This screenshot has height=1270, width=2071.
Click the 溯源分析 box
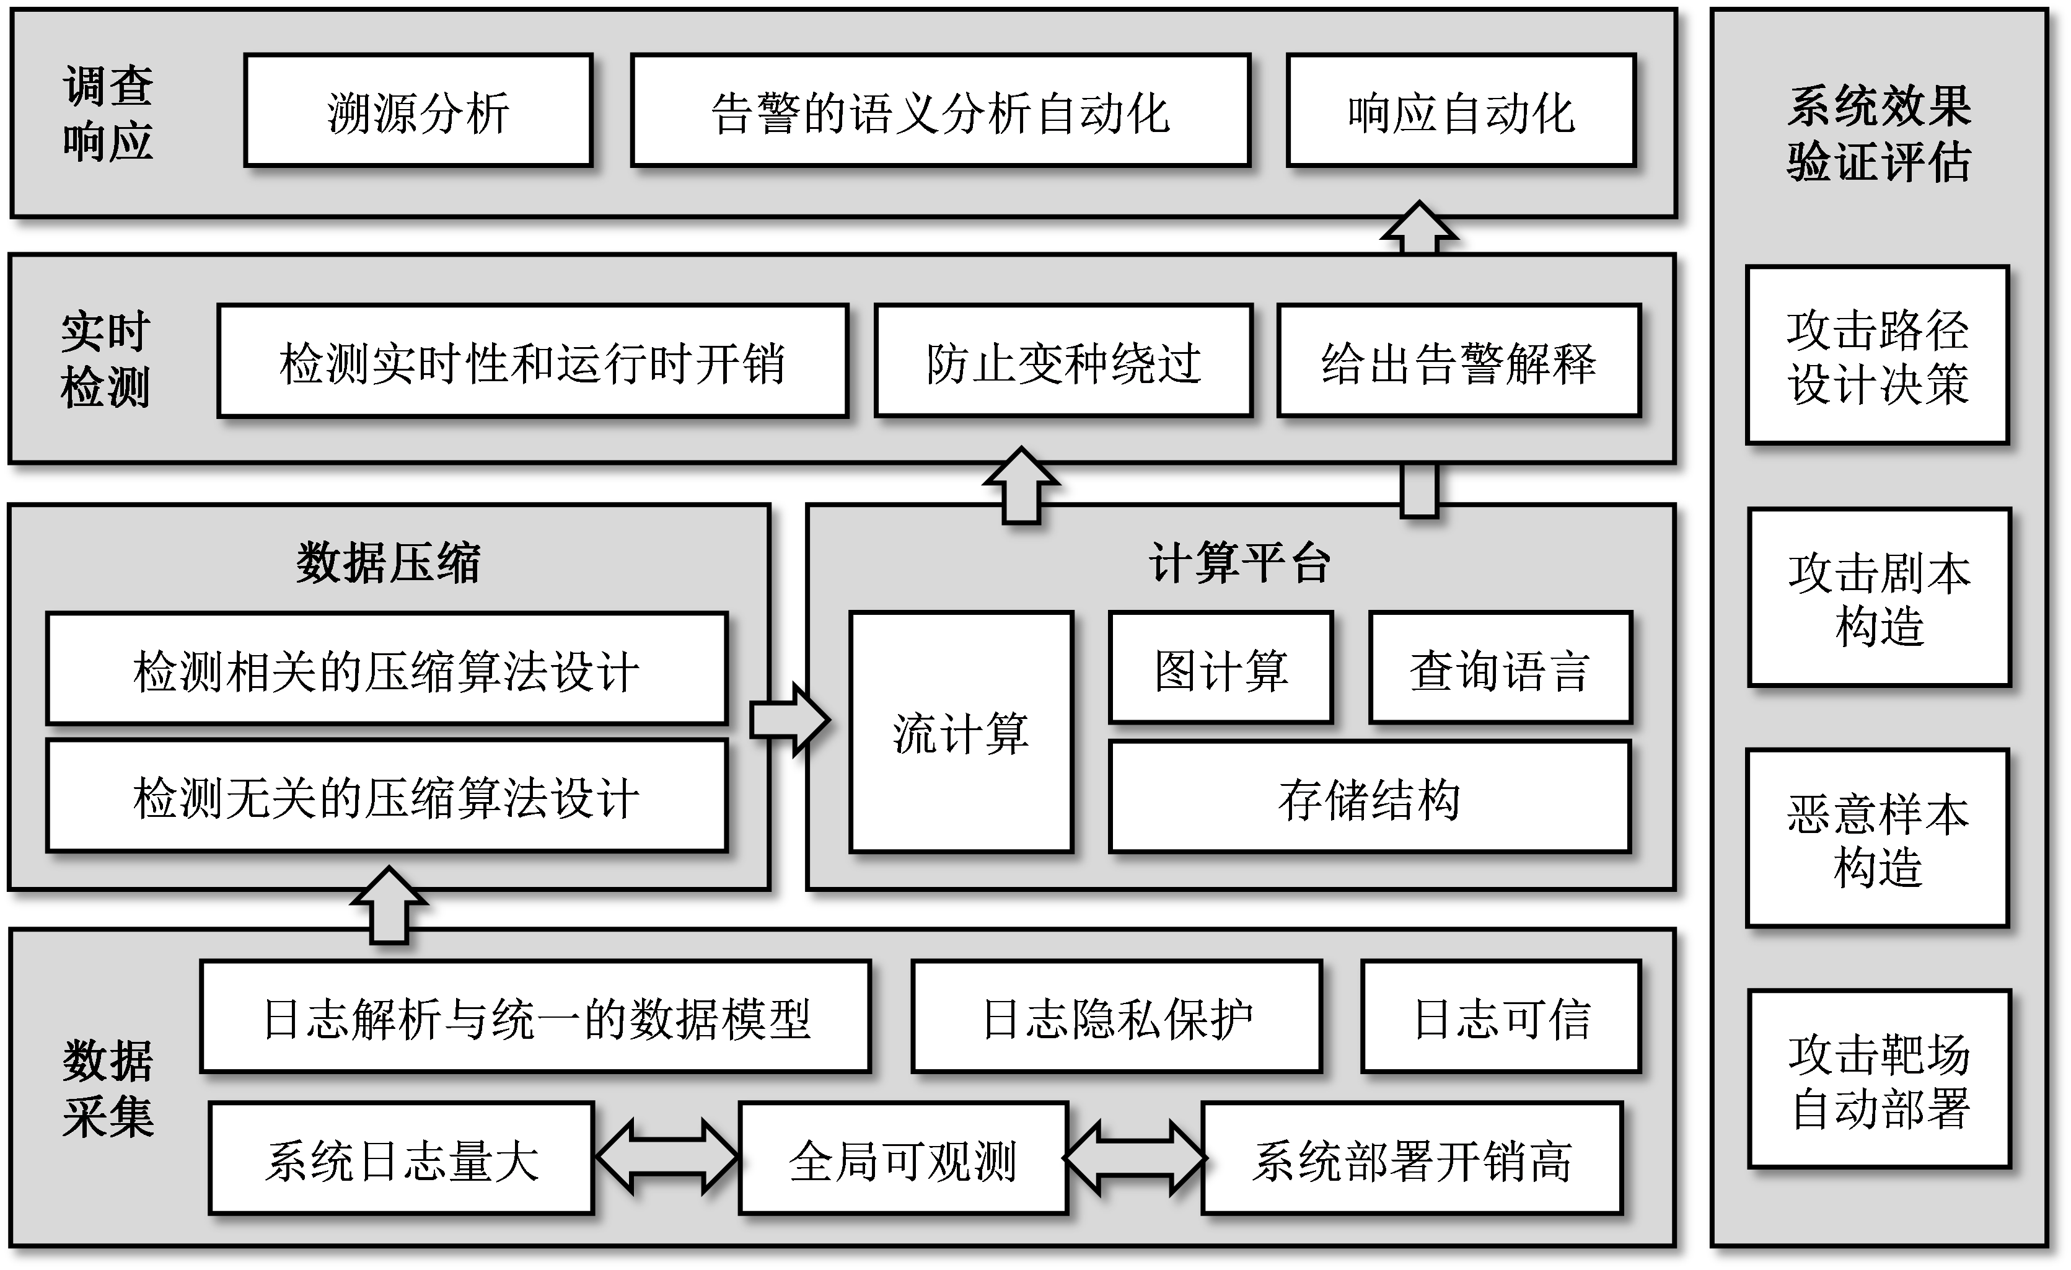click(x=418, y=111)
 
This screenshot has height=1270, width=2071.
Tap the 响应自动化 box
click(x=1461, y=111)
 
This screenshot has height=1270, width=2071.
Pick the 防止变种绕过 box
click(x=1063, y=361)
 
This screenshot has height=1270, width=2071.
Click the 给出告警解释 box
click(x=1458, y=361)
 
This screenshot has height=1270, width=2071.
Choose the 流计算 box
click(x=961, y=732)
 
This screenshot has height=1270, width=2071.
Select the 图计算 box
click(x=1220, y=668)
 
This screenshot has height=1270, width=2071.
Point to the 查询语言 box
click(x=1500, y=668)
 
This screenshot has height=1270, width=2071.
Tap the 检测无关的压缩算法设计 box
click(x=387, y=796)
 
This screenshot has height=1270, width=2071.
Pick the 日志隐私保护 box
click(x=1116, y=1017)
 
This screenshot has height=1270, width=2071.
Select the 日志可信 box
click(x=1501, y=1017)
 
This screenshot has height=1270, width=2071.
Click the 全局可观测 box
click(x=903, y=1158)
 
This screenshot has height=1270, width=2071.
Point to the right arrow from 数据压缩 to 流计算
click(x=788, y=720)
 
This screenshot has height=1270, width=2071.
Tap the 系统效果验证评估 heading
click(x=1878, y=133)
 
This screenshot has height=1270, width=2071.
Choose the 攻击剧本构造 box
click(x=1878, y=598)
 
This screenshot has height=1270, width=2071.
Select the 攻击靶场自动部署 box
click(x=1878, y=1079)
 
